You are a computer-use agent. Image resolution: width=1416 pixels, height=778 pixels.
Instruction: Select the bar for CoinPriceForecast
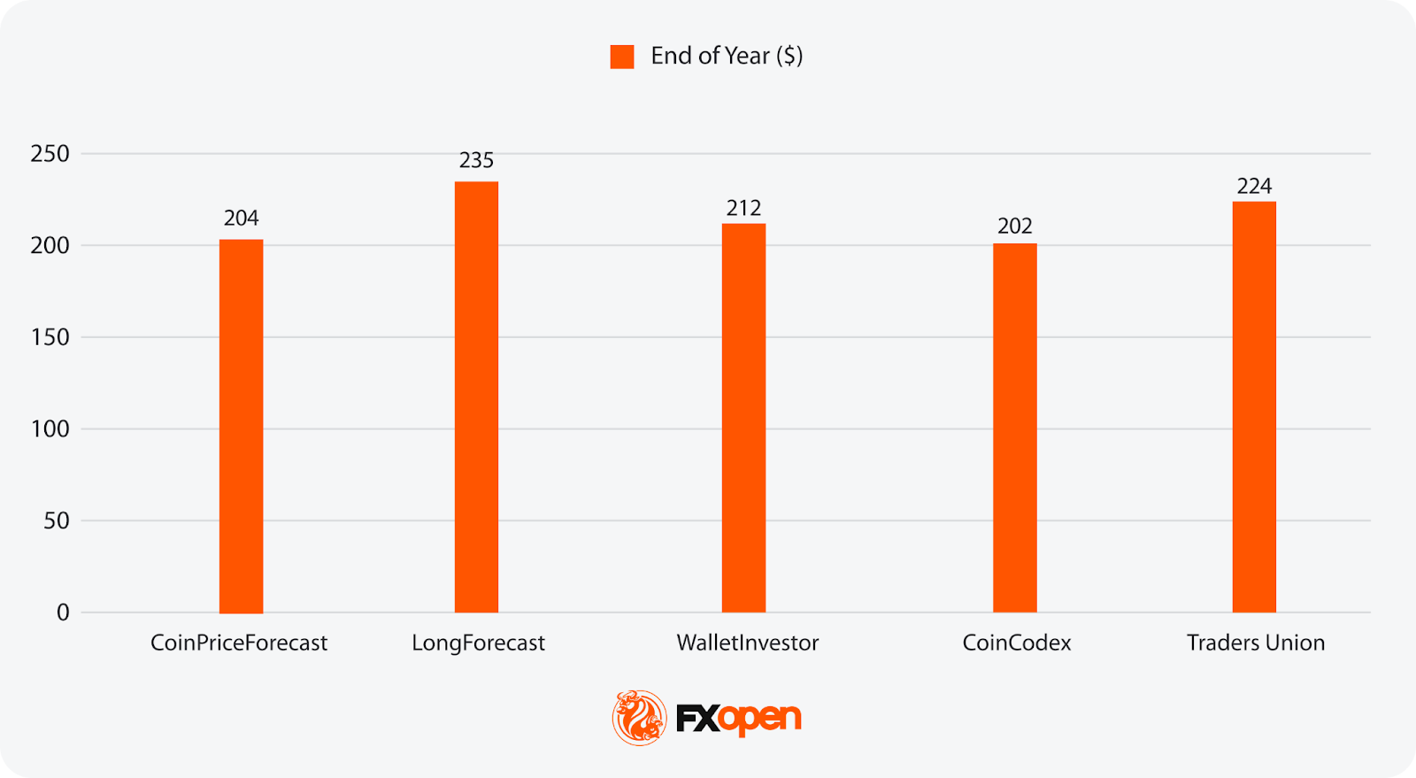coord(241,426)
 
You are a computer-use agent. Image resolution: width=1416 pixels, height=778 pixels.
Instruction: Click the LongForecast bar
coord(476,397)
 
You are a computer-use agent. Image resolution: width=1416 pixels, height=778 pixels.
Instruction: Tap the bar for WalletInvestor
coord(743,418)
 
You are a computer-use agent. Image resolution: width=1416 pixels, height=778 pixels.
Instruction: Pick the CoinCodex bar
coord(1014,428)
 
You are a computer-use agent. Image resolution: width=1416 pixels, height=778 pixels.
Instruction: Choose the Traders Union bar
coord(1254,407)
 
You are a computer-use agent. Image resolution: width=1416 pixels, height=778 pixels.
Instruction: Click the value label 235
coord(476,160)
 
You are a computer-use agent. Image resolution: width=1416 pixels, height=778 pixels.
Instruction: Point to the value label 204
coord(241,218)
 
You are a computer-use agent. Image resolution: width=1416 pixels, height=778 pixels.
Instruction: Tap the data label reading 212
coord(743,208)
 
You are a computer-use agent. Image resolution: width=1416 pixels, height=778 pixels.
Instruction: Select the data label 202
coord(1014,227)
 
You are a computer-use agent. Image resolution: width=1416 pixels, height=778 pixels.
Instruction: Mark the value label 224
coord(1254,186)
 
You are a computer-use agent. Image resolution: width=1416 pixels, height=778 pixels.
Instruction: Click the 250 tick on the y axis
coord(50,154)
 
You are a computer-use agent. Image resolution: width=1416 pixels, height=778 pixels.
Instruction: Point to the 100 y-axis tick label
coord(50,429)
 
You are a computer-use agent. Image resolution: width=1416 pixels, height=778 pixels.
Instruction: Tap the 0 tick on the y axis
coord(63,612)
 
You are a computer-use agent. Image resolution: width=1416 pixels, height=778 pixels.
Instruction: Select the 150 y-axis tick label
coord(50,337)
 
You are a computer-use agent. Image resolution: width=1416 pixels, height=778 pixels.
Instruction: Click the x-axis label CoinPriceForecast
coord(239,643)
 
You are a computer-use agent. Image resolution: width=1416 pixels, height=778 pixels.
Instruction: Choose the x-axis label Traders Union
coord(1255,643)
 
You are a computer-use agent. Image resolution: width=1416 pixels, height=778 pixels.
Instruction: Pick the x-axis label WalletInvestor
coord(747,643)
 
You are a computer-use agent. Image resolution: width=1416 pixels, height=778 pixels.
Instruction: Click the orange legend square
coord(622,57)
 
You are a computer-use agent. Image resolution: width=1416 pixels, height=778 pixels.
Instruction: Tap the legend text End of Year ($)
coord(727,56)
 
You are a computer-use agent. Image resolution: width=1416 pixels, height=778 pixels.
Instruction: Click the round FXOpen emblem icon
coord(639,717)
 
